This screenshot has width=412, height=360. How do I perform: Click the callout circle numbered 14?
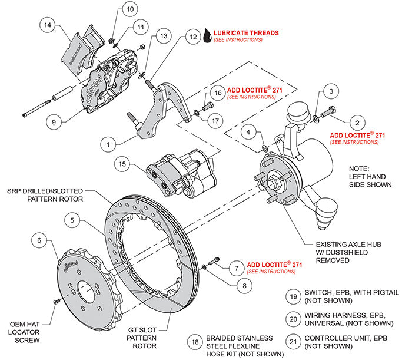click(x=48, y=25)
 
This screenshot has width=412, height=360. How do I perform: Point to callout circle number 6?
click(x=40, y=240)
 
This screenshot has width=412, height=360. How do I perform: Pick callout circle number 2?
click(x=355, y=122)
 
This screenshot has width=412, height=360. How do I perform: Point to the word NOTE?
click(x=361, y=167)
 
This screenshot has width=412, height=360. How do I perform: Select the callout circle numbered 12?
click(x=194, y=36)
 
